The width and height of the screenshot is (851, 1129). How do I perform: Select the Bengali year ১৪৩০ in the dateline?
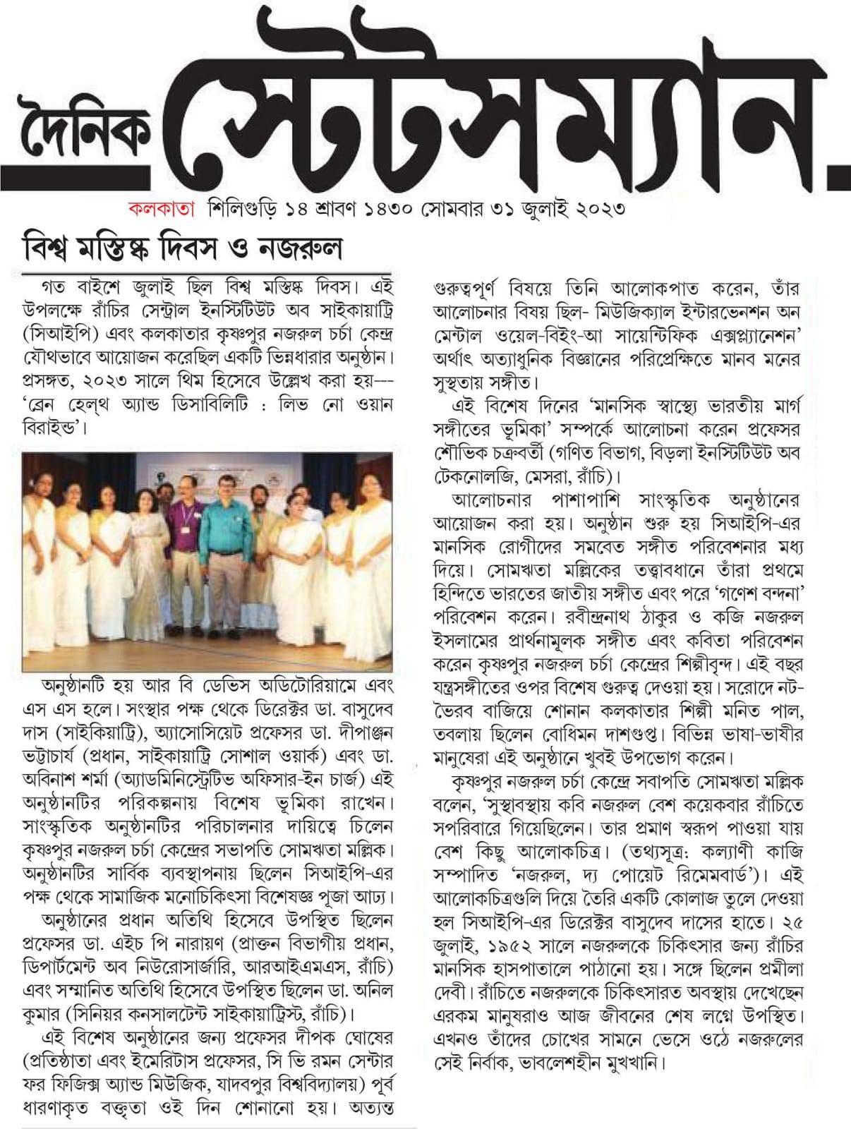coord(382,209)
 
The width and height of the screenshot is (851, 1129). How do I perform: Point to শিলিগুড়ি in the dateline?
coord(241,209)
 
